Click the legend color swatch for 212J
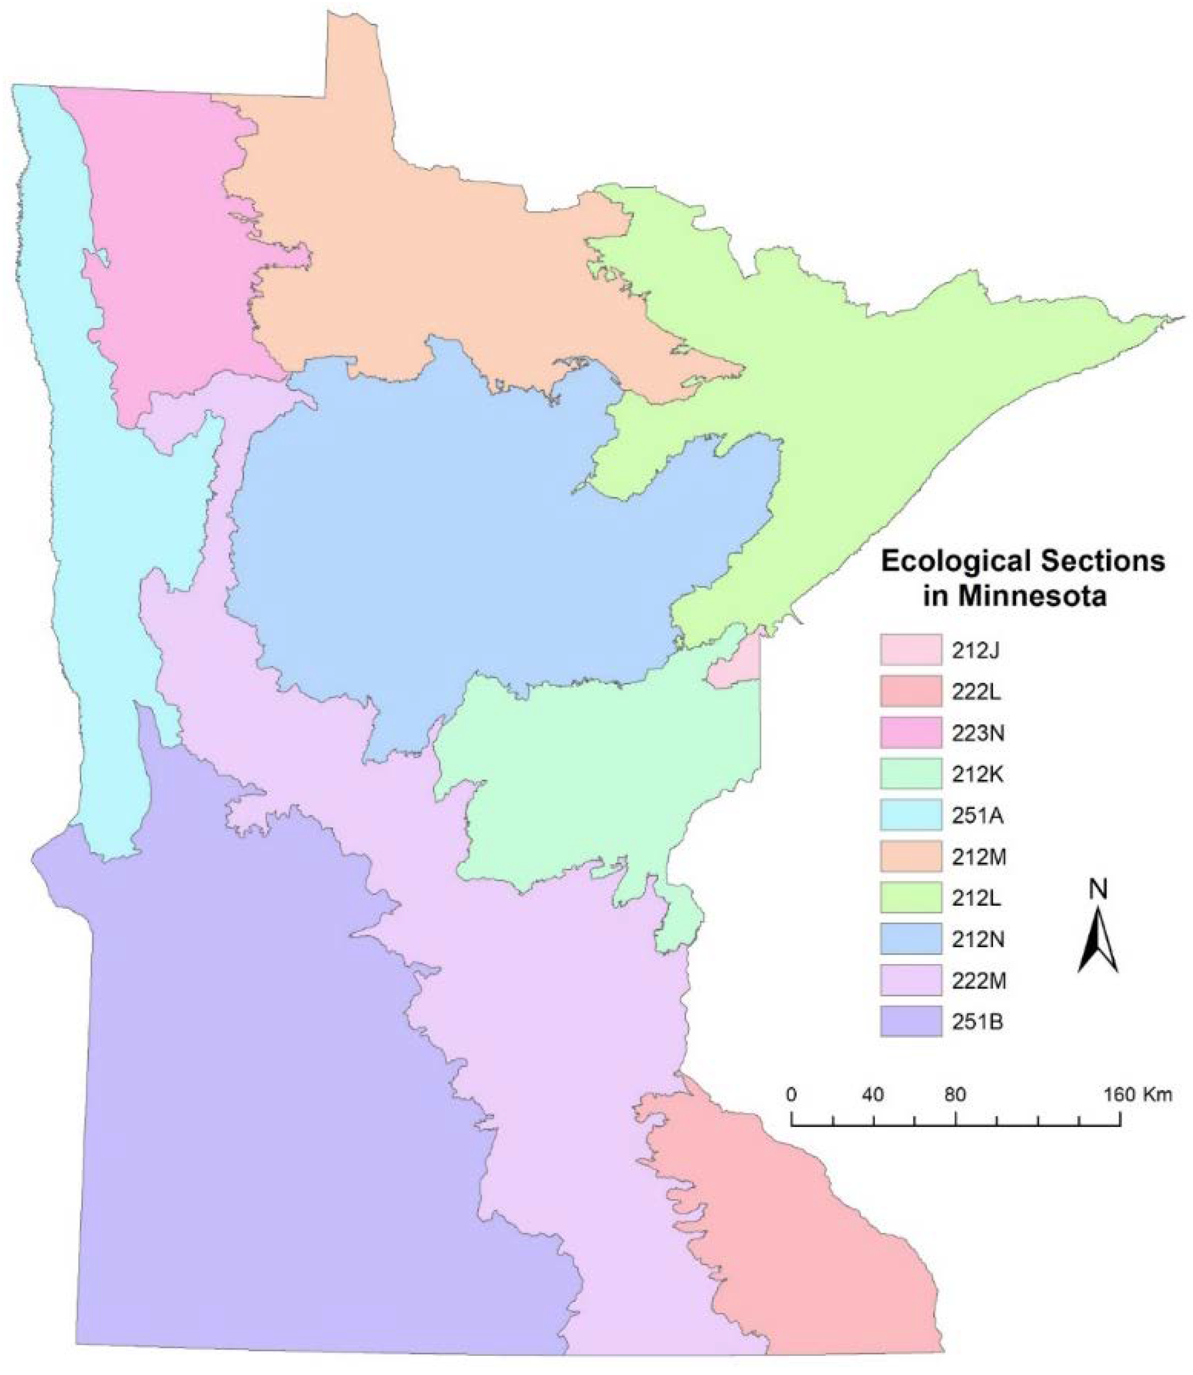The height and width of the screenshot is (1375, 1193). [x=911, y=651]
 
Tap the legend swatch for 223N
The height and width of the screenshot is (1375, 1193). [x=911, y=733]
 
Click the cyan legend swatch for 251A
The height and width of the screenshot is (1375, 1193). [x=911, y=815]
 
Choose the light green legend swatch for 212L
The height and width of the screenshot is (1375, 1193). [x=911, y=897]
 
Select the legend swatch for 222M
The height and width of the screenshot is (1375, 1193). [x=911, y=980]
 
